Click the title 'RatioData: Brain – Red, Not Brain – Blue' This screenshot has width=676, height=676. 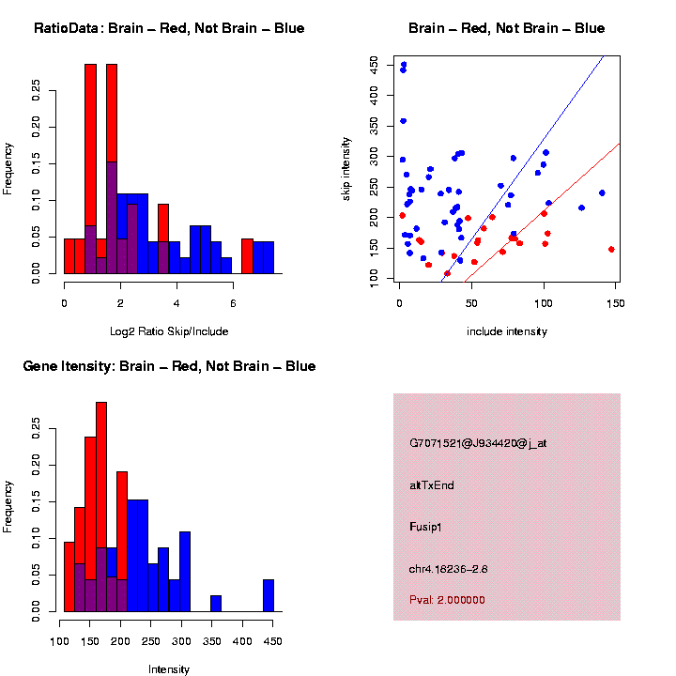(x=169, y=28)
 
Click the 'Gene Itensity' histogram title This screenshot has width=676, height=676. (x=169, y=366)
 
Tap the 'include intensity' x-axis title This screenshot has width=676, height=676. (x=507, y=331)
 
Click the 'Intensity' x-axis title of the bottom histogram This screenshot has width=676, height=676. (x=169, y=669)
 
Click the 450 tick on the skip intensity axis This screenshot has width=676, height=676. (x=375, y=65)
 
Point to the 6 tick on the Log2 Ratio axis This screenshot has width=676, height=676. (x=232, y=302)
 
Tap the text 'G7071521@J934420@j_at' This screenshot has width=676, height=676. (x=478, y=443)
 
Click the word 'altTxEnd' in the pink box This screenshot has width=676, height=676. (x=432, y=485)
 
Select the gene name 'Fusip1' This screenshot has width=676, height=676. (x=426, y=527)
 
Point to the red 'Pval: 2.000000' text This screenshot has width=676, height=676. (x=447, y=600)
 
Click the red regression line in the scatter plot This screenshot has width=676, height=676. (x=563, y=191)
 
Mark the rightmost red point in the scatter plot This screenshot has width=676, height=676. (x=611, y=250)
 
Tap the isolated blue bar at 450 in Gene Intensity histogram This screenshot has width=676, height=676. (x=269, y=595)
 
